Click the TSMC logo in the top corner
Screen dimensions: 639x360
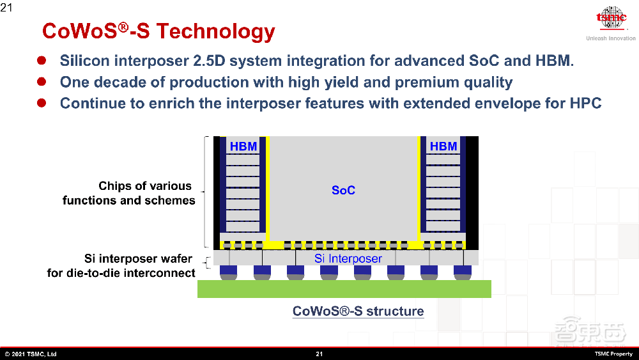coord(612,19)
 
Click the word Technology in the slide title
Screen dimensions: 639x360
coord(216,32)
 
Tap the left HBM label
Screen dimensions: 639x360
coord(243,146)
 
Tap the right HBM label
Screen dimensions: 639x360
coord(443,146)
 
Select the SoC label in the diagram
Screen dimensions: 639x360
coord(343,190)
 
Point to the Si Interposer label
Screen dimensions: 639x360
coord(348,258)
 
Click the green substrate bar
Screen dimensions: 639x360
coord(344,288)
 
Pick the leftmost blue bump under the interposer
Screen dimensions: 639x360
coord(228,272)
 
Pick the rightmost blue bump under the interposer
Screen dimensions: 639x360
coord(463,272)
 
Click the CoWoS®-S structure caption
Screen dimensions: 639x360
coord(358,311)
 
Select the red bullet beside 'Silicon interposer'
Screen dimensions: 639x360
coord(42,60)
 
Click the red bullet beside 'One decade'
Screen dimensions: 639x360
coord(42,82)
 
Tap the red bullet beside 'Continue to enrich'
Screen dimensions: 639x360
coord(42,103)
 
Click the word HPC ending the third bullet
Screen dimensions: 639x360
coord(585,103)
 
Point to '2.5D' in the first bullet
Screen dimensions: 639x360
coord(209,61)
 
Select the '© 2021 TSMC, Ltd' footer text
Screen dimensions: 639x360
coord(31,354)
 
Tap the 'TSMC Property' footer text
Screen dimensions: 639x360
coord(613,354)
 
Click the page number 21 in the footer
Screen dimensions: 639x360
coord(319,354)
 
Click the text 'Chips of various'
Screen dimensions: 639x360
coord(144,186)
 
